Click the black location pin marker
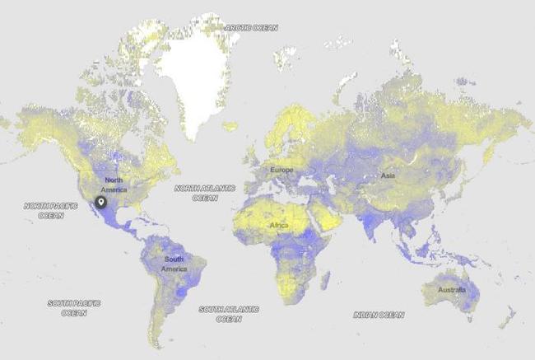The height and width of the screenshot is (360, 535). [101, 202]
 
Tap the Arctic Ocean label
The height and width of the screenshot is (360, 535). [252, 27]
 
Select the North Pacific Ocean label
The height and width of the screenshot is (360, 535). [44, 210]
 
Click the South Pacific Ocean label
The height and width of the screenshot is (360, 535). [73, 308]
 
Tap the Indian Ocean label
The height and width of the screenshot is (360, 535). [379, 315]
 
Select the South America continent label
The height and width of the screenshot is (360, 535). [174, 264]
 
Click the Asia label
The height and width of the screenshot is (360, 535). [388, 175]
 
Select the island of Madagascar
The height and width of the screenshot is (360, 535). [326, 278]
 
